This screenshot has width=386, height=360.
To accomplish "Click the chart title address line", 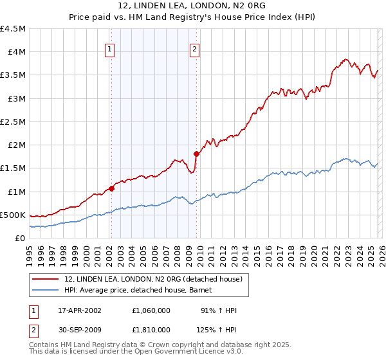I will click(192, 6).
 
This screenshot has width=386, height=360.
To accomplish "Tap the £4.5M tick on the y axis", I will click(13, 29).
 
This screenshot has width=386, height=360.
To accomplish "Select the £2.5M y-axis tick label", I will click(13, 122).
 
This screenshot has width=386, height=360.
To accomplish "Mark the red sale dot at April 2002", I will click(111, 188).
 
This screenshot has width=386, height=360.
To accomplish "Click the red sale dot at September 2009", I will click(196, 154).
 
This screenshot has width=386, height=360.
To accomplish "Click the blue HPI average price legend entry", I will click(142, 291).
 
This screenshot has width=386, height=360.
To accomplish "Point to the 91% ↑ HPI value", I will click(218, 310).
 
